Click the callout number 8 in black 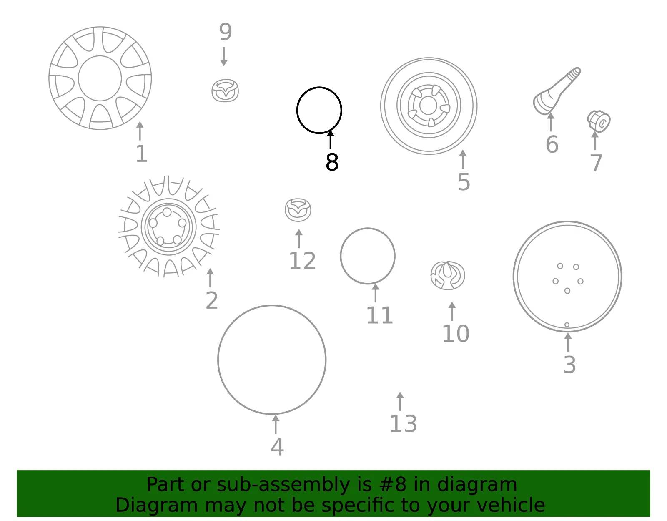[x=332, y=162]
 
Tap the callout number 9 [x=225, y=32]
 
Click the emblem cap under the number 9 [x=225, y=90]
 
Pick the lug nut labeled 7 [x=599, y=121]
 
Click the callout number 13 [x=403, y=424]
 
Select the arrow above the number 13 [x=400, y=401]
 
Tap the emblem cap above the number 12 [x=298, y=210]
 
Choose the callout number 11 [x=379, y=315]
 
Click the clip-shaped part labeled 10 [x=448, y=275]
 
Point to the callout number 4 [x=277, y=447]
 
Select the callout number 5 [x=464, y=182]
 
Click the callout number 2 [x=212, y=300]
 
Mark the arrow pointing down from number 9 [x=224, y=56]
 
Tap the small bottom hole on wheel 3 [x=567, y=325]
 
